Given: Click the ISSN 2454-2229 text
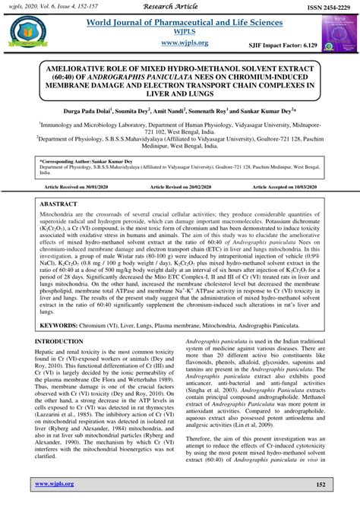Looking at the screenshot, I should click(321, 7).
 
